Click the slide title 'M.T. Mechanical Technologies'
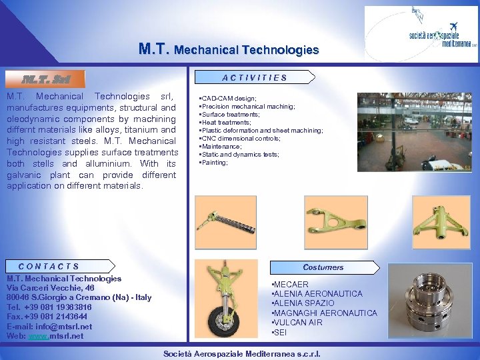[x=229, y=49]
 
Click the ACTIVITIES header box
[x=255, y=77]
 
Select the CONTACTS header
[x=49, y=267]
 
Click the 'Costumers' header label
[x=323, y=267]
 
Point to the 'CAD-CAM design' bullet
[x=229, y=99]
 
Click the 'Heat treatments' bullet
[x=227, y=123]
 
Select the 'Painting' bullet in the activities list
[x=215, y=163]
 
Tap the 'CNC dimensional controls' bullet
[x=241, y=139]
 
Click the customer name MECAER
[x=291, y=285]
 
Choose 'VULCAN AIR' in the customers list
[x=298, y=323]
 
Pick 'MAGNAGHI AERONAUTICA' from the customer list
[x=325, y=313]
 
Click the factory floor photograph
[x=415, y=132]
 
